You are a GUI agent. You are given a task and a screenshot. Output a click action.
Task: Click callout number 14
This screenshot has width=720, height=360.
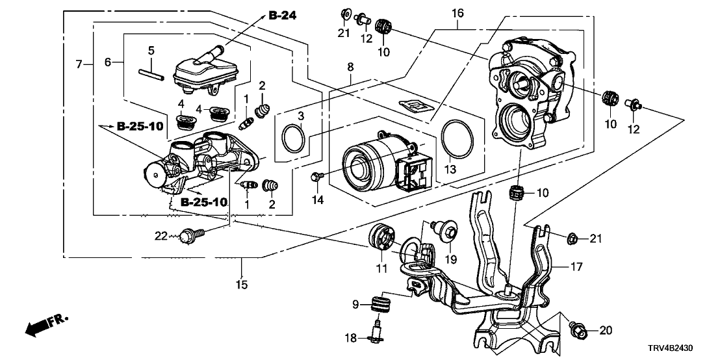pyautogui.click(x=317, y=200)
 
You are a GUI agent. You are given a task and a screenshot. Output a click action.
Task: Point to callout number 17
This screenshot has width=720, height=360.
pyautogui.click(x=576, y=266)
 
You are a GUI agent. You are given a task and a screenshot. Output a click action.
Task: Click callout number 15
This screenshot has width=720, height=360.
pyautogui.click(x=242, y=284)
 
